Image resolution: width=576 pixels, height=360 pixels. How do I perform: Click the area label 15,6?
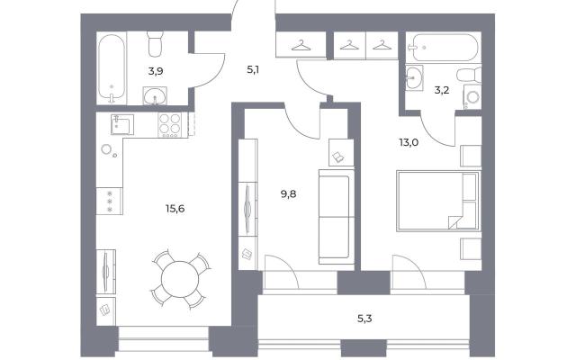175,209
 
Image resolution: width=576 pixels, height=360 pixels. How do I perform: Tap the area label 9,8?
288,194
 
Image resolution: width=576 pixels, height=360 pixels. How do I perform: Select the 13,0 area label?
409,142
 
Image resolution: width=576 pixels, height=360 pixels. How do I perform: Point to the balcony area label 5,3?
364,318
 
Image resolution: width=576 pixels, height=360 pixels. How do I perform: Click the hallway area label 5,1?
253,69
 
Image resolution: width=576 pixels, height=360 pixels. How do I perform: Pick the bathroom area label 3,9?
156,71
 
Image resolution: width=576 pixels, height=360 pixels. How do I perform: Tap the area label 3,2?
442,90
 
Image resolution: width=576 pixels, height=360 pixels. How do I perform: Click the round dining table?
180,279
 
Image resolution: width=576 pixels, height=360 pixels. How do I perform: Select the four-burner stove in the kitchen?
169,125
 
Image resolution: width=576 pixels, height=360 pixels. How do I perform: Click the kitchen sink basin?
122,124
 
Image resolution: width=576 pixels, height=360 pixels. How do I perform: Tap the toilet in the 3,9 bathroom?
155,44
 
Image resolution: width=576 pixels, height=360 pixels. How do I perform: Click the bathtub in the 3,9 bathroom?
112,68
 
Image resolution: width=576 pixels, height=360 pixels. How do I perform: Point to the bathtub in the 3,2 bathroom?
443,48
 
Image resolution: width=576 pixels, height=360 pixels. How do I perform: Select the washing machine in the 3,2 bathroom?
472,97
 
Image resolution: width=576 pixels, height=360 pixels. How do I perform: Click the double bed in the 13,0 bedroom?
438,201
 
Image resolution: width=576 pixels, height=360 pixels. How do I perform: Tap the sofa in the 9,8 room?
336,217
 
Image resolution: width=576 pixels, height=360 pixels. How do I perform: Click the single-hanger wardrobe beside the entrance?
301,44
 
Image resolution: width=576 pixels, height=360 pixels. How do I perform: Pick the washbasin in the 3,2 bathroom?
414,77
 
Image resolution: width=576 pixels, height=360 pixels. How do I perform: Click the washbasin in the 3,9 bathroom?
155,96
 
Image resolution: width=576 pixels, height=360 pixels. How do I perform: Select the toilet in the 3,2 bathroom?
469,75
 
